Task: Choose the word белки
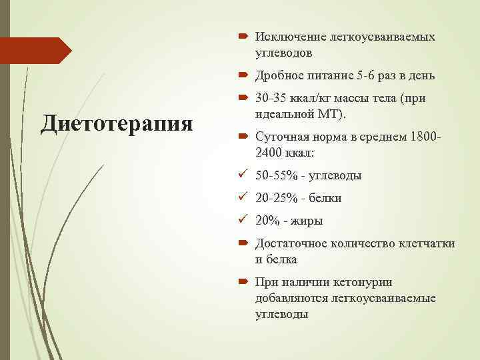point(327,199)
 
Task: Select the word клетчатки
point(427,244)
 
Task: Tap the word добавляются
point(288,298)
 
